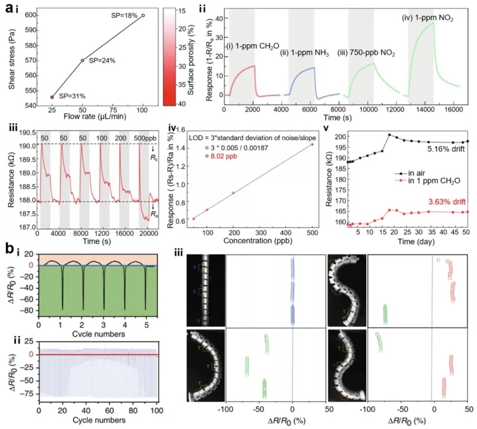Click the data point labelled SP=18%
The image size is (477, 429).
(143, 16)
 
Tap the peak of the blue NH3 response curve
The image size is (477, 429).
(314, 68)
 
